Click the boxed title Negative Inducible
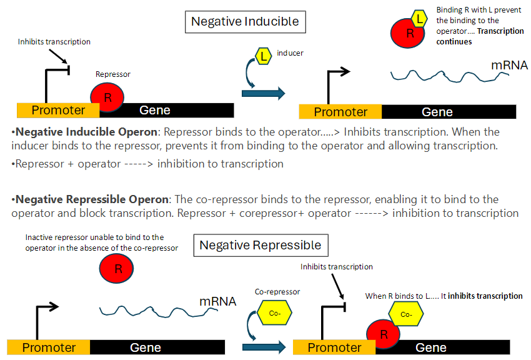click(245, 22)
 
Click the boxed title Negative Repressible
click(260, 245)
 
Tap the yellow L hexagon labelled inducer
click(264, 56)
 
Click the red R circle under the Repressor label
click(107, 97)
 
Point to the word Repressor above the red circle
click(112, 74)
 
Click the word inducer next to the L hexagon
click(290, 53)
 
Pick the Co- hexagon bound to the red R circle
click(406, 314)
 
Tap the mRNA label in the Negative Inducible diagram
click(509, 66)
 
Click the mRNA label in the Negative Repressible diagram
click(217, 302)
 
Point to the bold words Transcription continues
click(481, 36)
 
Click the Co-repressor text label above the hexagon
click(277, 292)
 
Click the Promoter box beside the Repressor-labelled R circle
click(58, 111)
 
